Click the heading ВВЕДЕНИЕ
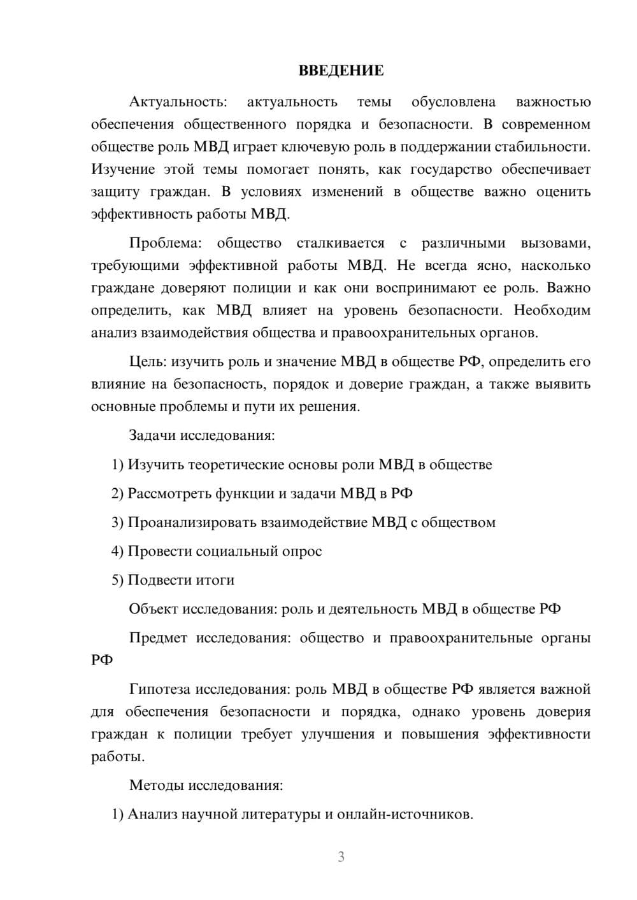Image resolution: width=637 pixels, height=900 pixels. tap(341, 71)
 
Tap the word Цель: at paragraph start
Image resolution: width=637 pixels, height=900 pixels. tap(147, 362)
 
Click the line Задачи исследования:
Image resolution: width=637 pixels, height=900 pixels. tap(201, 435)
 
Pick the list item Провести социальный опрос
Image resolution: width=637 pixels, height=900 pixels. tap(224, 551)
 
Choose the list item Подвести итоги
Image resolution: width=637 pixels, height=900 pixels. tap(180, 580)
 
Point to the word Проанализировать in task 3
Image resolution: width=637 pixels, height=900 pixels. tap(192, 523)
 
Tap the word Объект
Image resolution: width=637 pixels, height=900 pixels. tap(154, 608)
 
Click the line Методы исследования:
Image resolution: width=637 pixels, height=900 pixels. tap(205, 785)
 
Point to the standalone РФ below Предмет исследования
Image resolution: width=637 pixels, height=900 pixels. tap(102, 660)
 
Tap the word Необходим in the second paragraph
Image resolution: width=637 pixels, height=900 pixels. tap(552, 311)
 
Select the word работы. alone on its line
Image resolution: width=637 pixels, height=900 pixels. tap(118, 757)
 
